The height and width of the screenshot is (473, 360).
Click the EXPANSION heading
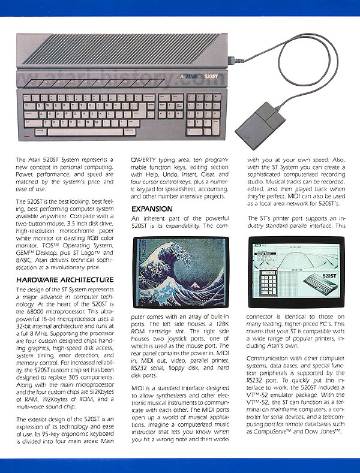151,209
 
